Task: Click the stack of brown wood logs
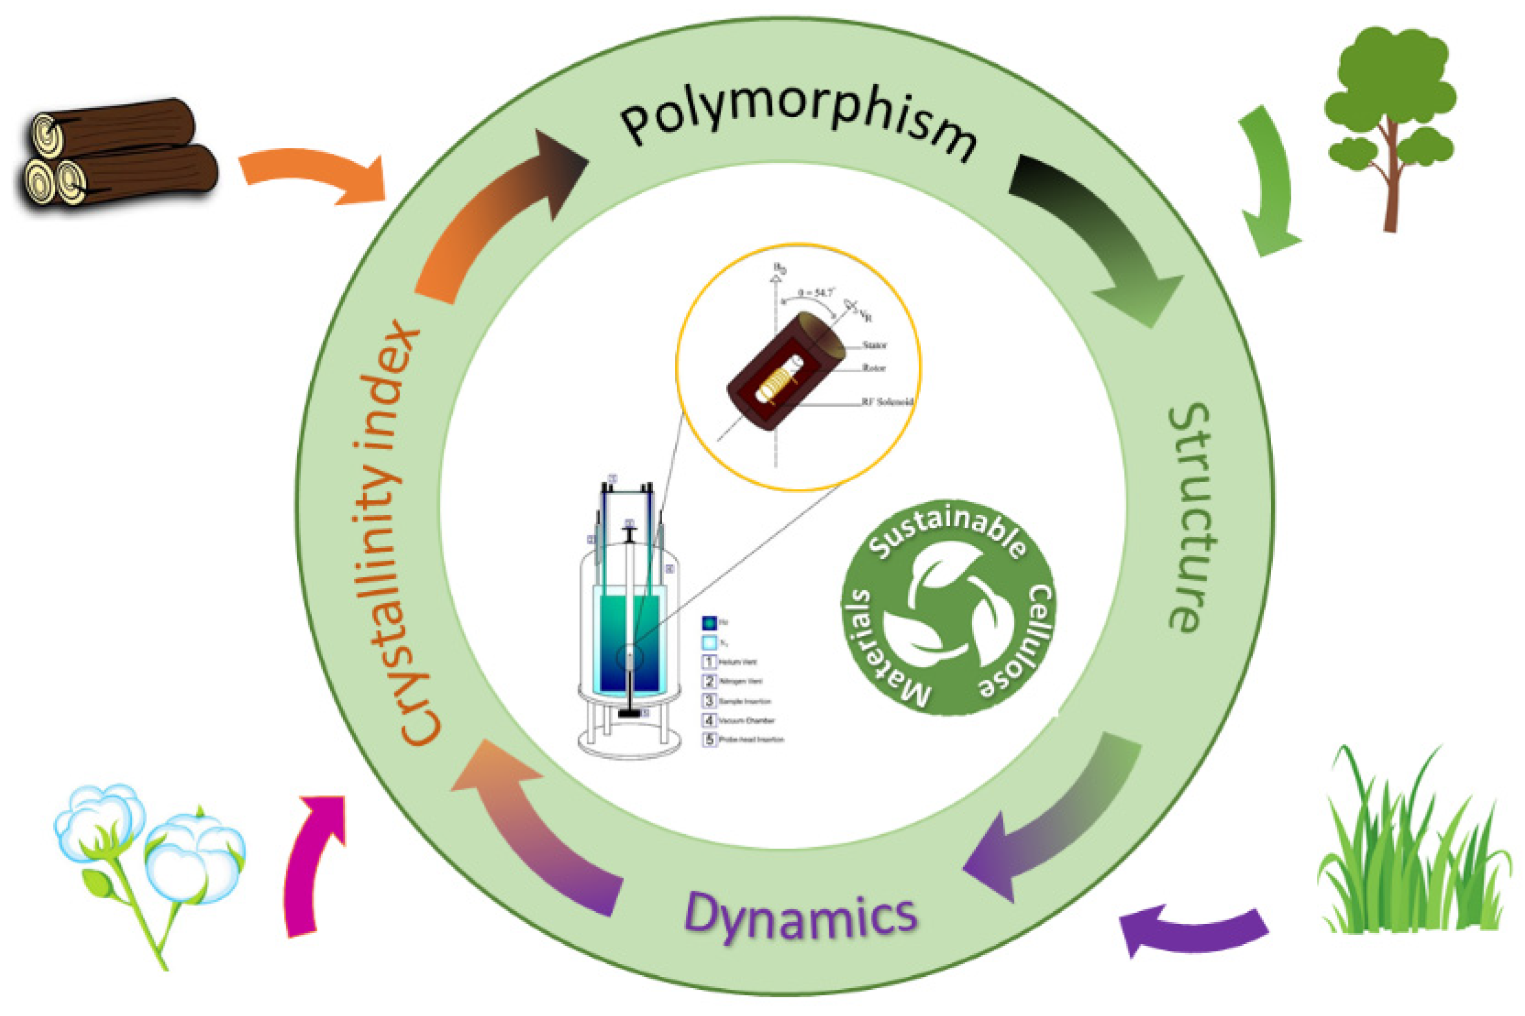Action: coord(117,156)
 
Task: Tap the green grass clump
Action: coord(1412,856)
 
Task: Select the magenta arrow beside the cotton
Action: coord(311,862)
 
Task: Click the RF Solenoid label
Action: coord(886,402)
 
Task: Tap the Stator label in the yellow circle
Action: coord(874,345)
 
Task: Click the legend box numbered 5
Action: coord(709,740)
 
